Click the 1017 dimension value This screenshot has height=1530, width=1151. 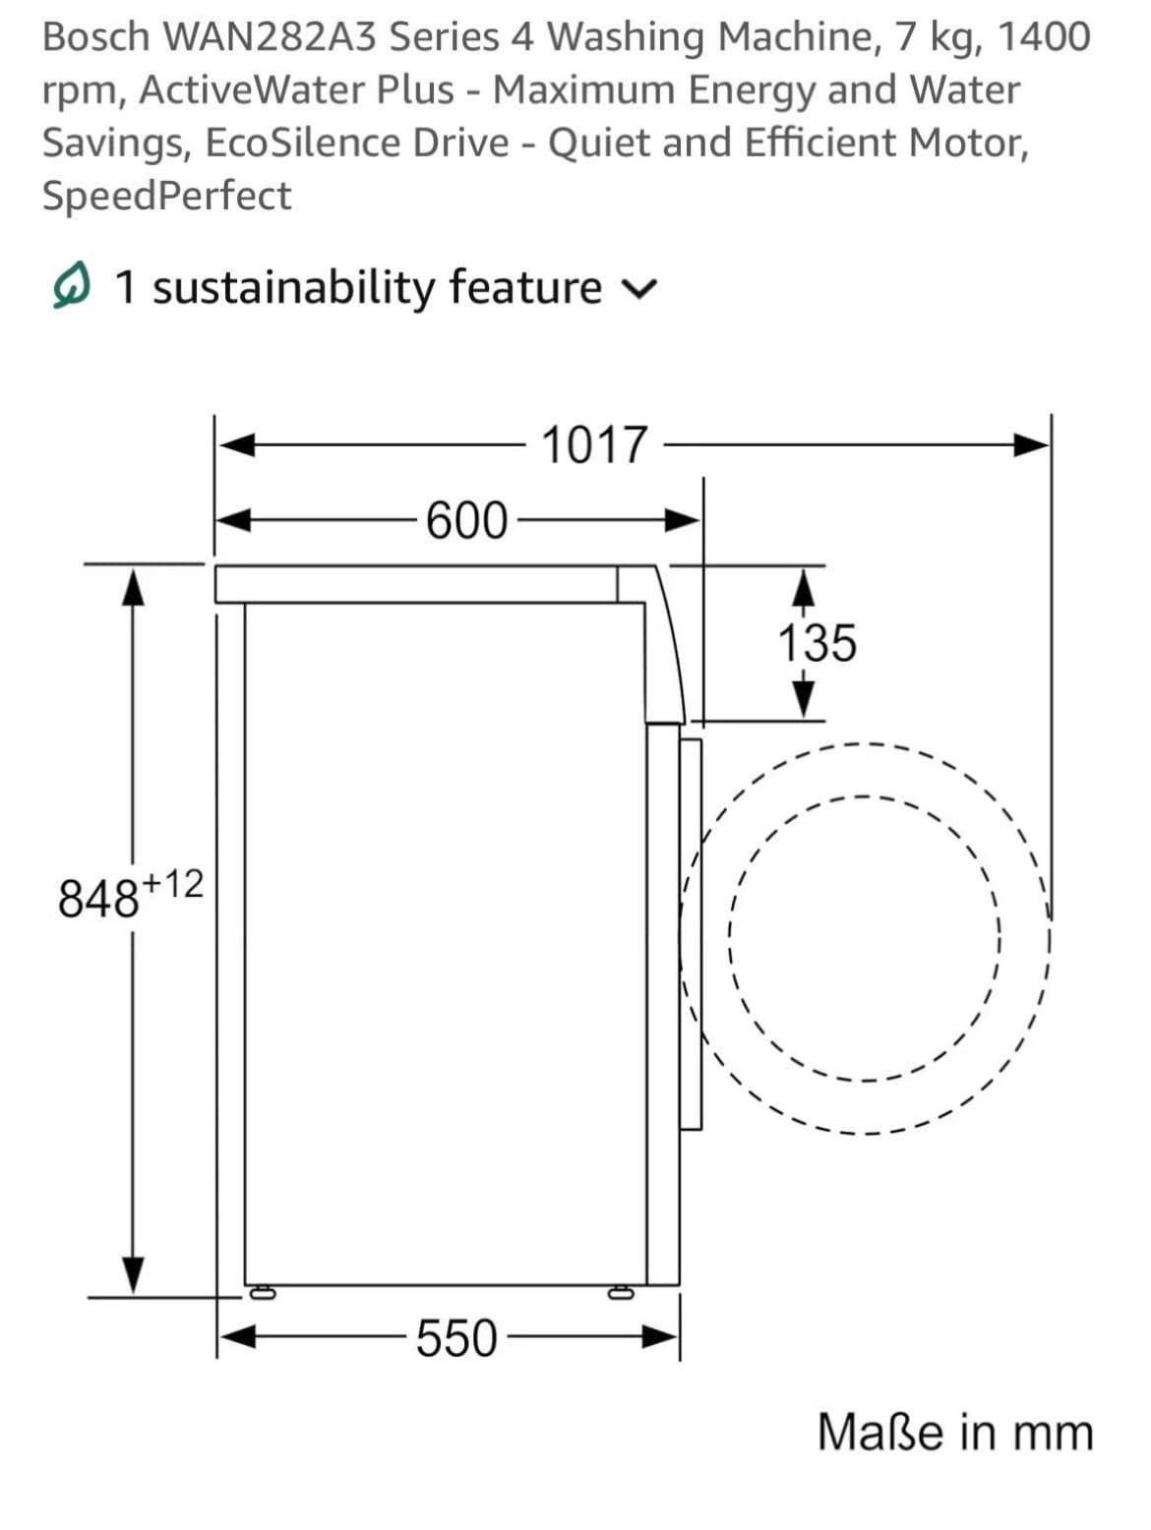[x=594, y=445]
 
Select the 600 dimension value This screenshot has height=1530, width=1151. [x=466, y=520]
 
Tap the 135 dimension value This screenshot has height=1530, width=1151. [x=817, y=644]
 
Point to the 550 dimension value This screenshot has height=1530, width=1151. [x=456, y=1338]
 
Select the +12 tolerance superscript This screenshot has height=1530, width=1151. [x=173, y=884]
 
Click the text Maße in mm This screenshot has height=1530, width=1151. [x=954, y=1432]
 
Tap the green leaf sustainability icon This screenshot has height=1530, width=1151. [x=73, y=287]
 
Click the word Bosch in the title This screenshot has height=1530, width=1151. [x=95, y=37]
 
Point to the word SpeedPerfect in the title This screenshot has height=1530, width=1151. [x=166, y=196]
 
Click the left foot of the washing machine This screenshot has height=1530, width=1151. [x=262, y=1292]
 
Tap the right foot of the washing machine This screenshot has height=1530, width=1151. [x=621, y=1292]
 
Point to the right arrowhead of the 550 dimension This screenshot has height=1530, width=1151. [x=661, y=1337]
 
